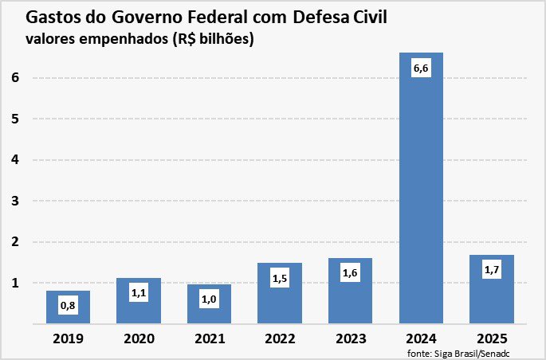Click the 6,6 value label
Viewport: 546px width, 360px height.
click(421, 68)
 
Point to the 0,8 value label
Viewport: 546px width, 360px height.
click(68, 305)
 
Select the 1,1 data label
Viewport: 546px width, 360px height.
click(138, 293)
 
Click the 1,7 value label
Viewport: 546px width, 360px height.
click(492, 270)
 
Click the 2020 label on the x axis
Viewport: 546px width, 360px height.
click(138, 338)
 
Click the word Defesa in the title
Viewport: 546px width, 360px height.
click(325, 17)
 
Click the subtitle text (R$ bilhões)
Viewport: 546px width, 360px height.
click(209, 39)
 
